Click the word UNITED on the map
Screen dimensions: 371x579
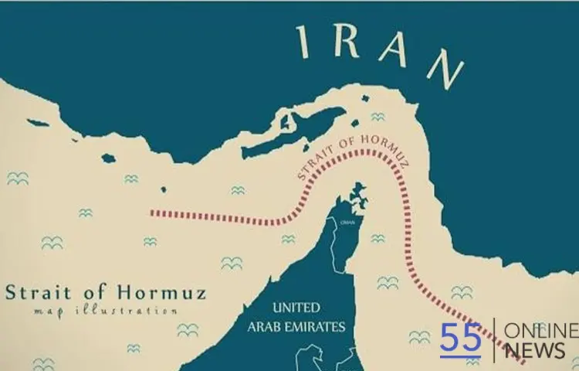[296, 308]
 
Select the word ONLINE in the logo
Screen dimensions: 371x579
[540, 331]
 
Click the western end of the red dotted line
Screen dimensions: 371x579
[152, 212]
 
